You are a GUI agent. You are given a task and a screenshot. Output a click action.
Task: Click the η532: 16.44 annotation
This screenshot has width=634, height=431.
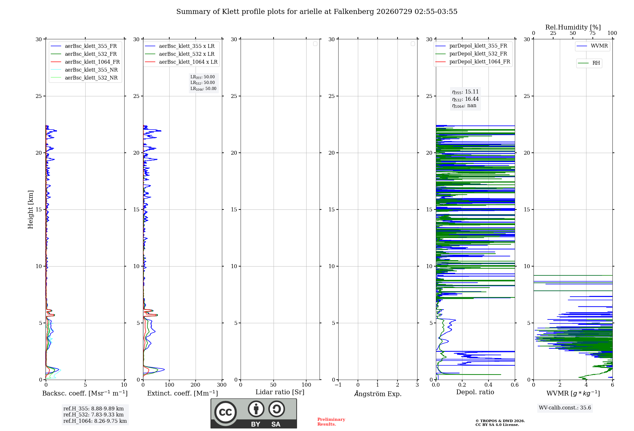click(465, 99)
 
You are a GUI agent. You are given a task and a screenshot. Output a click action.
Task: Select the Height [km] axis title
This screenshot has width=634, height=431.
click(30, 209)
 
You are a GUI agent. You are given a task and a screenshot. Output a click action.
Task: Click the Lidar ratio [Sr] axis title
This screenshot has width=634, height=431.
click(280, 392)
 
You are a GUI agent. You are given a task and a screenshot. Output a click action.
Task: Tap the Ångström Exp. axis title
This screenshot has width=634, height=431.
click(378, 394)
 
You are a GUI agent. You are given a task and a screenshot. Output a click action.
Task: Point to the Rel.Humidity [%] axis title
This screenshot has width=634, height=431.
click(573, 27)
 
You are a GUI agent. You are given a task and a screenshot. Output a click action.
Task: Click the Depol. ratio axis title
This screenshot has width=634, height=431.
click(475, 392)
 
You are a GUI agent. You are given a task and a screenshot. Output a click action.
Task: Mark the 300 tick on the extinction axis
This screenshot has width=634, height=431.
click(222, 385)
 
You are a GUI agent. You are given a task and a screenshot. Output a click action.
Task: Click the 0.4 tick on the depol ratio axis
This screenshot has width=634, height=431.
click(488, 385)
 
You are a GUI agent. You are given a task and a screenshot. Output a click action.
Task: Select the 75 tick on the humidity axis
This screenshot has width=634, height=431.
click(592, 33)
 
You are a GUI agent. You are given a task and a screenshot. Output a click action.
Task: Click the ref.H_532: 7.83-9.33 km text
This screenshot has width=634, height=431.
click(94, 415)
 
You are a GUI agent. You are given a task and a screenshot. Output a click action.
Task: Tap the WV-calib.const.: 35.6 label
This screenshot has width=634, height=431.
click(565, 408)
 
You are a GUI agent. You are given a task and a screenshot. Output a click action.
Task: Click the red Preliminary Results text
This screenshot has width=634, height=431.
click(331, 422)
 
